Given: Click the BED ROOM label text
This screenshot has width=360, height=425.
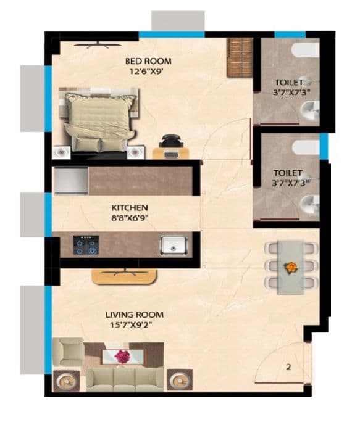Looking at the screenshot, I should click(148, 61).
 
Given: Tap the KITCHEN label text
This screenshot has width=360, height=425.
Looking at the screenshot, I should click(130, 208).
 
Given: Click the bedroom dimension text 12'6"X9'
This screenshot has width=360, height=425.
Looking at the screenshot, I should click(148, 71).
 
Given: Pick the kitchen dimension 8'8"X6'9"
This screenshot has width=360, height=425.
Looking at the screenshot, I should click(130, 218).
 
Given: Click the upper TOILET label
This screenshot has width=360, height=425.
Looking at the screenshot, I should click(288, 82).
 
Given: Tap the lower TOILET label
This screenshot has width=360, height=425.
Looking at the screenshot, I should click(288, 173).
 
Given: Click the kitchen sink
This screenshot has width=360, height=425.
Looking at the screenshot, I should click(172, 245).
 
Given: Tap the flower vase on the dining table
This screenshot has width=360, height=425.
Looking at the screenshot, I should click(289, 267).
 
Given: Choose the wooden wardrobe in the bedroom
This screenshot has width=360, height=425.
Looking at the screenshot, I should click(240, 57).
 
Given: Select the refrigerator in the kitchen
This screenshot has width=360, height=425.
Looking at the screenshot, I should click(71, 181).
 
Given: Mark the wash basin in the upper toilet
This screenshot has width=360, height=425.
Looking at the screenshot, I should click(308, 110).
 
